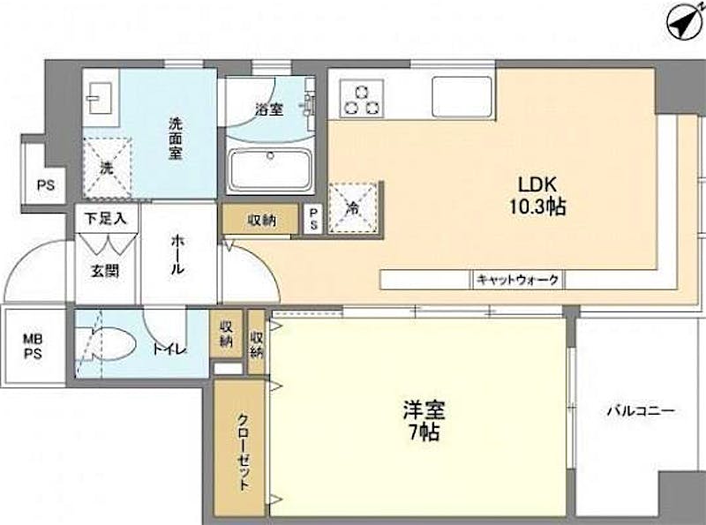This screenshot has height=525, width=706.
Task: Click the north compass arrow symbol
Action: coord(685,21)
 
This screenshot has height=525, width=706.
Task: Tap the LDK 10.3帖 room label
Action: coord(537,195)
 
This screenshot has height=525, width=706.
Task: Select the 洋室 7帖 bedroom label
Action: coord(424,421)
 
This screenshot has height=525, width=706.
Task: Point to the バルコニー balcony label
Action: coord(641,411)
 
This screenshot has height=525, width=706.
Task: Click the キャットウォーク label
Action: coord(517,280)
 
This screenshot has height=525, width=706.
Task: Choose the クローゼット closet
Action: coord(239,447)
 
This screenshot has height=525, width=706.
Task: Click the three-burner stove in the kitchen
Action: coord(362,99)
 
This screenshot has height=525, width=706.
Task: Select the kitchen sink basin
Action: coord(462,97)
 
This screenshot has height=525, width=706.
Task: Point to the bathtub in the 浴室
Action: coord(270,170)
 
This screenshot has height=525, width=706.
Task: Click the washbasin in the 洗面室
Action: coord(99,98)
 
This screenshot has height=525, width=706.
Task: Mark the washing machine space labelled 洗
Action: coord(107,169)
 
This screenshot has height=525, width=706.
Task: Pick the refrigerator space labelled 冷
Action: coord(353,207)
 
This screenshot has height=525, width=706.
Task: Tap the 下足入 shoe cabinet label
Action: coord(106,220)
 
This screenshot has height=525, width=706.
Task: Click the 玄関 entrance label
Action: coord(105,272)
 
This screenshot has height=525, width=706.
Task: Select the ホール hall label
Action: coord(177,255)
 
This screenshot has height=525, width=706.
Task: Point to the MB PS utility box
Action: coord(34,346)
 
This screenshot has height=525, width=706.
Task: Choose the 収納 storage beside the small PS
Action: coord(261,220)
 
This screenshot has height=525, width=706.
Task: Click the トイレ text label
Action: coord(169,349)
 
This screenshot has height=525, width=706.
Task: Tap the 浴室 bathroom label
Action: coord(269,109)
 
